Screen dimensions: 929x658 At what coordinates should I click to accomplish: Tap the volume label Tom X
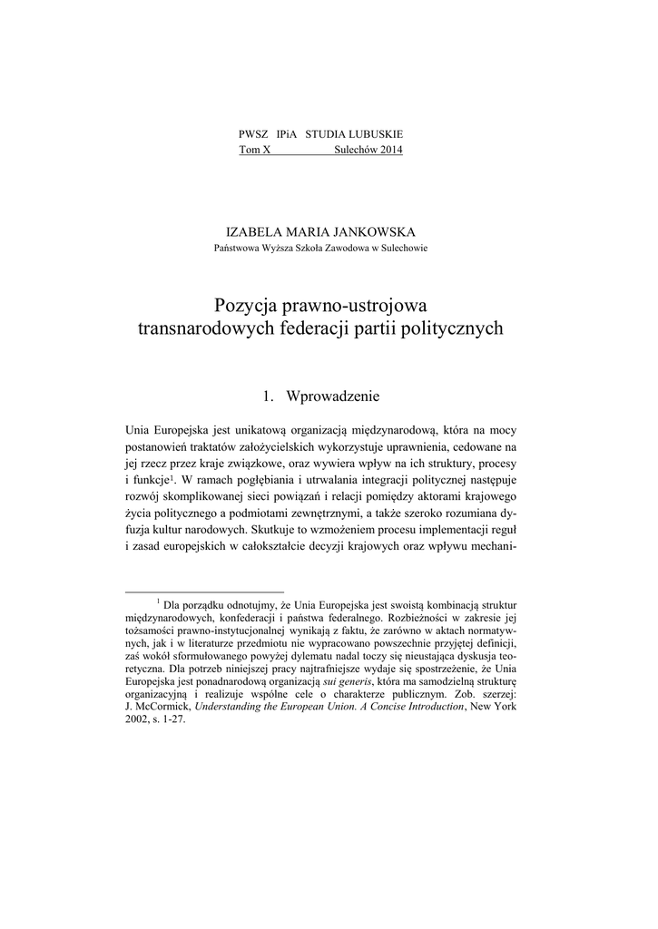coord(254,149)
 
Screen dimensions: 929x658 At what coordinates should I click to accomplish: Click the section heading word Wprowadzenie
coord(333,396)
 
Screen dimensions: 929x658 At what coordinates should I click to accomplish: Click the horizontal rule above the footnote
coord(204,591)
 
